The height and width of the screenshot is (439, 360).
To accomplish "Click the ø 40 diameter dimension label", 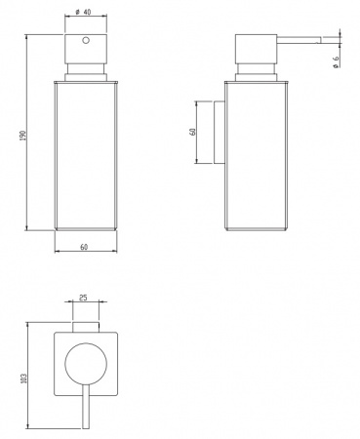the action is [x=83, y=12].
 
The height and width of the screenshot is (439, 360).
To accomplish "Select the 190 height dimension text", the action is [x=22, y=136].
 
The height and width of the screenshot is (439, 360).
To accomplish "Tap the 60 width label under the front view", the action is [x=84, y=247].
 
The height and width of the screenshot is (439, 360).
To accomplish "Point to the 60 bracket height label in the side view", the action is [x=193, y=132].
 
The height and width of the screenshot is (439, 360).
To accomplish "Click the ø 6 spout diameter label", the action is [x=336, y=61].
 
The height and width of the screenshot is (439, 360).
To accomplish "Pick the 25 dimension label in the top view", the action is [x=83, y=298].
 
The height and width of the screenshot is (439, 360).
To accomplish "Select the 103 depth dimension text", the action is [x=23, y=378].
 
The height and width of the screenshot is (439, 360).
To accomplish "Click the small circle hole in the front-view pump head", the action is [x=86, y=40].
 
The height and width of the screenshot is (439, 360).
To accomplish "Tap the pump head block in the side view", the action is [x=256, y=48].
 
